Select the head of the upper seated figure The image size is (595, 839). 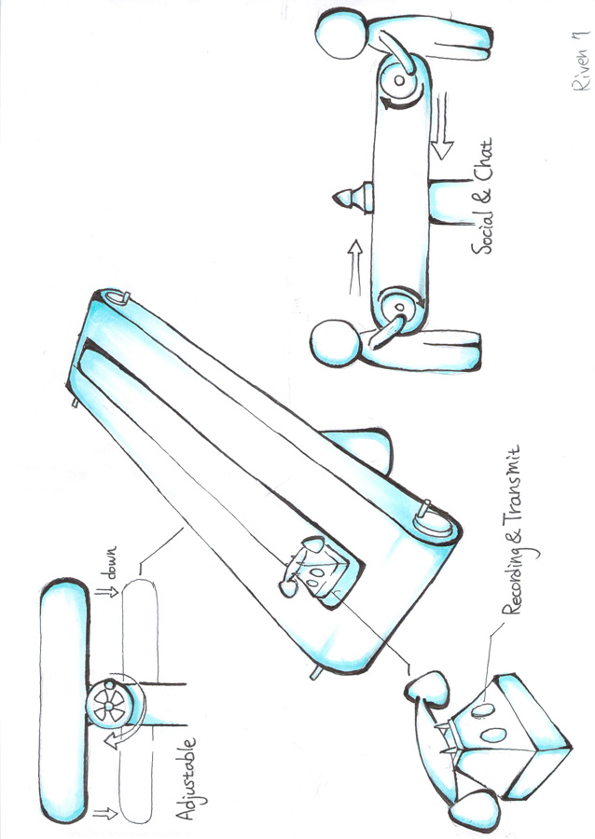pos(340,34)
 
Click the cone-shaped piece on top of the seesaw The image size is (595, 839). pos(353,198)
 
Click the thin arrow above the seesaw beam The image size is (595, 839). pos(355,268)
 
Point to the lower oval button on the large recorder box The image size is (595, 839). pos(493,735)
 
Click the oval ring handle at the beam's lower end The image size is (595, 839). pos(435,523)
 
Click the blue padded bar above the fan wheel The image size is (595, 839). pos(64,702)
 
